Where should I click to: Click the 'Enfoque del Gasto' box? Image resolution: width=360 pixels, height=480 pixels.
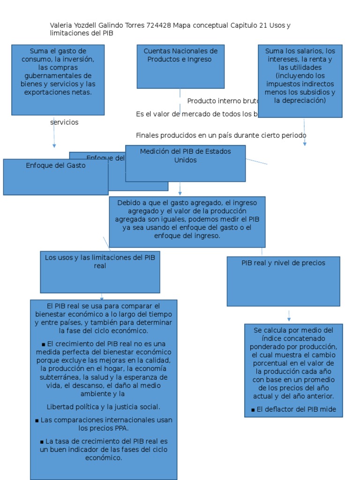(55, 177)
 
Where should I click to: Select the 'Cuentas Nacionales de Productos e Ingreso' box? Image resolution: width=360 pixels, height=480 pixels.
(180, 66)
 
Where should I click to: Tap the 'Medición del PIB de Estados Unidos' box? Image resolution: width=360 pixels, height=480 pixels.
(185, 163)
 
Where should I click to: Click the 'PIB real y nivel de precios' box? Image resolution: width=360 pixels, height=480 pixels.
(283, 281)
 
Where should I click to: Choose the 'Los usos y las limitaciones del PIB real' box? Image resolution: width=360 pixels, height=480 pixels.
(100, 272)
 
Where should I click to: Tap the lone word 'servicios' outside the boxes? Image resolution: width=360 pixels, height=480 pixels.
(64, 122)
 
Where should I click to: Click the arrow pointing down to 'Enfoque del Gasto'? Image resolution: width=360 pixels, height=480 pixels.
(54, 145)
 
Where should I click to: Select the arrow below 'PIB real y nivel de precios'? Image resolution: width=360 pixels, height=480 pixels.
(289, 318)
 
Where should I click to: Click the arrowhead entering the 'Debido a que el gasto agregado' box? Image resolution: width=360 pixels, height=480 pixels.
(180, 193)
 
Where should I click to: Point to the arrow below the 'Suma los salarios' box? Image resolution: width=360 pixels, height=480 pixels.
(305, 143)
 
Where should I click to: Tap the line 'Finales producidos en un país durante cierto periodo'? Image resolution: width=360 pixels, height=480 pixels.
(221, 135)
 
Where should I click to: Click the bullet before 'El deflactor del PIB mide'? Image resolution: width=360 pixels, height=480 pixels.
(253, 410)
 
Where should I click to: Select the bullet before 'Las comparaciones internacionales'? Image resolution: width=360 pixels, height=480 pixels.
(37, 420)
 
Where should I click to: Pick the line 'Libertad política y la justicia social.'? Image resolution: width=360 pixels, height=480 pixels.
(104, 407)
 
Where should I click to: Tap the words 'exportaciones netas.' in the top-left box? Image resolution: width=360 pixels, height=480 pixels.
(58, 92)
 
